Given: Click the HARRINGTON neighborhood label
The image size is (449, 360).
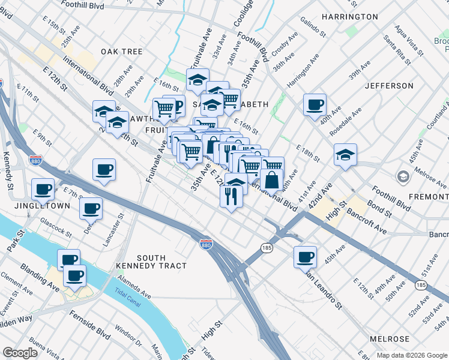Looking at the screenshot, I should [x=349, y=17].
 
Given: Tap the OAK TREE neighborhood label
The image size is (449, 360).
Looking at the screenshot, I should [x=122, y=52].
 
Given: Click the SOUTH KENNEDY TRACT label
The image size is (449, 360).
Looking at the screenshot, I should [x=151, y=262].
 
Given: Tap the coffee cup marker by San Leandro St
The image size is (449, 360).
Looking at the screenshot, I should [x=306, y=257].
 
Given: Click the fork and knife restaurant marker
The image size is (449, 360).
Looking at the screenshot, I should [x=232, y=195].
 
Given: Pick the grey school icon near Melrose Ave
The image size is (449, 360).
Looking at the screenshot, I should [x=402, y=176].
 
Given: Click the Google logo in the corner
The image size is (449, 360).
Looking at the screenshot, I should [x=20, y=353].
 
